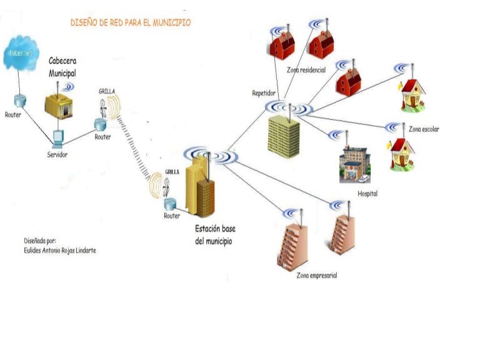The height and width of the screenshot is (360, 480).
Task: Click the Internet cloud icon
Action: [x=20, y=53]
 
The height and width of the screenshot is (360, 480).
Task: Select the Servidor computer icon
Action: [x=58, y=138]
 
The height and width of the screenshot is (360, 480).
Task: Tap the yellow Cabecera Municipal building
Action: [x=59, y=104]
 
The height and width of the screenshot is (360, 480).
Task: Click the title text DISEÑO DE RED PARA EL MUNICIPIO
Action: [x=131, y=22]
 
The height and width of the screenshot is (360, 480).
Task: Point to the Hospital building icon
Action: [x=354, y=164]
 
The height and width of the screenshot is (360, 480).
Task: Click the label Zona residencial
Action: [x=306, y=70]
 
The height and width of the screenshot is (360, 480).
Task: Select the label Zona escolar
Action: [x=424, y=129]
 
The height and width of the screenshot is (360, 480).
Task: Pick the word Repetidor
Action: [x=264, y=94]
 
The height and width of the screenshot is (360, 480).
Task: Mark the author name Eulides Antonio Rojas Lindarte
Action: [x=60, y=251]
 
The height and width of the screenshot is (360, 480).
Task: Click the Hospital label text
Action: [x=367, y=194]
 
